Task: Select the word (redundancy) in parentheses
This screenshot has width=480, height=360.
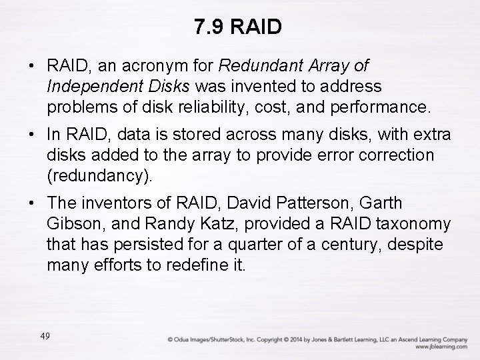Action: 99,175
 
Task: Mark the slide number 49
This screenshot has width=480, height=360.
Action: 45,336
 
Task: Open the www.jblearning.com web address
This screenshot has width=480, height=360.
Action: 441,347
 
